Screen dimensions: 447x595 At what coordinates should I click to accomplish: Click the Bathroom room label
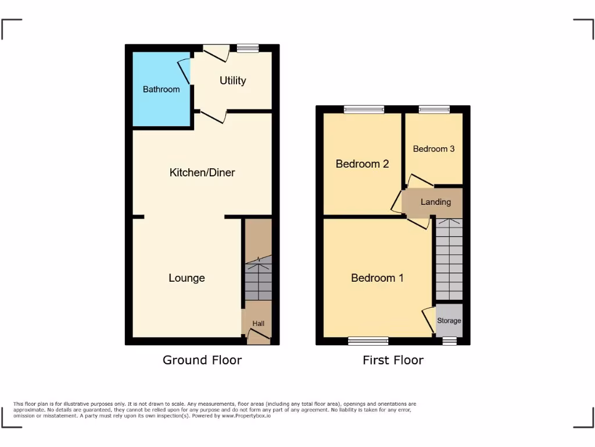click(x=161, y=90)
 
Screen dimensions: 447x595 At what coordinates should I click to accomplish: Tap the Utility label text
click(x=232, y=81)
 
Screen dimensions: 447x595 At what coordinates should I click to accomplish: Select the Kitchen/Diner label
click(x=202, y=172)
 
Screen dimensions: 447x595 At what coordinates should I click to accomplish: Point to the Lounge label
click(x=187, y=278)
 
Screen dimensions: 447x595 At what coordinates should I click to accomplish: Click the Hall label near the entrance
click(x=258, y=324)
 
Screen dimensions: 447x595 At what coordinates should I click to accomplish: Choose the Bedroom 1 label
click(x=377, y=278)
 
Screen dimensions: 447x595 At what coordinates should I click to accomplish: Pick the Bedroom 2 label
click(x=362, y=164)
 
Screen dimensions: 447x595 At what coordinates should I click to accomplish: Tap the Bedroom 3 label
click(x=433, y=149)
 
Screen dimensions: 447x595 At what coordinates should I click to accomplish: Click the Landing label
click(x=435, y=202)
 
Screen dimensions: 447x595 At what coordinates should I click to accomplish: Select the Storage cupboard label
click(x=449, y=321)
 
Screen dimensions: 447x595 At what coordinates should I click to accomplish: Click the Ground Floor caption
click(x=202, y=360)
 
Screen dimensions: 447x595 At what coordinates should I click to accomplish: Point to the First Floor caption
click(x=393, y=360)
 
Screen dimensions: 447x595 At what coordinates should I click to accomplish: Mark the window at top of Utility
click(x=248, y=48)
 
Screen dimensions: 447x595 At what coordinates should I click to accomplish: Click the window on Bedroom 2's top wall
click(x=364, y=109)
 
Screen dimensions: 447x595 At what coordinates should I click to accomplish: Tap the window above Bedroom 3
click(x=434, y=109)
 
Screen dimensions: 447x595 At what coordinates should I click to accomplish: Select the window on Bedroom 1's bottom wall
click(x=368, y=341)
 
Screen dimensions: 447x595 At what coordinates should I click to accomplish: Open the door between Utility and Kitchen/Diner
click(x=213, y=116)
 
